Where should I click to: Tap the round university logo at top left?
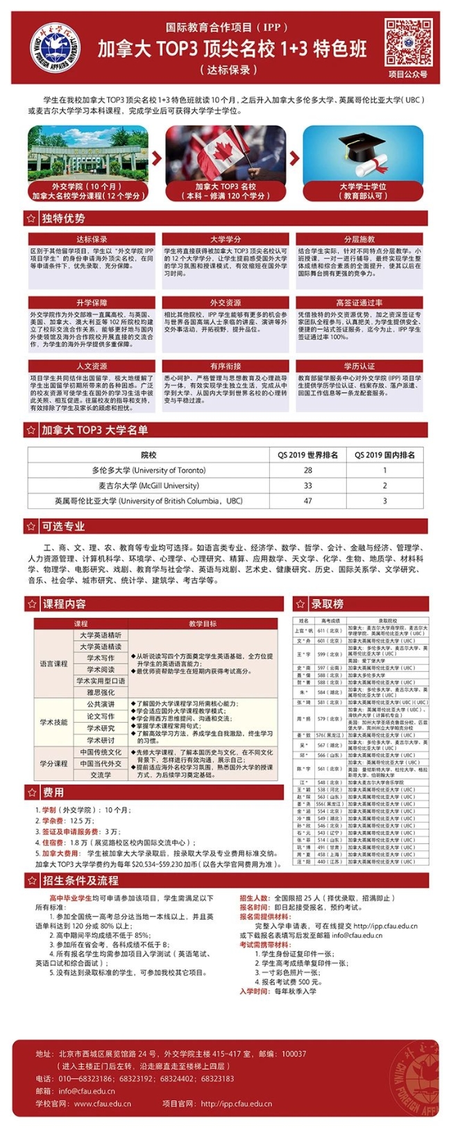pyautogui.click(x=55, y=49)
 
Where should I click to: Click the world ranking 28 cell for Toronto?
pyautogui.click(x=307, y=470)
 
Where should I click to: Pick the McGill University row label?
pyautogui.click(x=148, y=485)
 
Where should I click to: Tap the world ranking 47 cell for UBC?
pyautogui.click(x=307, y=500)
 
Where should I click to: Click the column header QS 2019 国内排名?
pyautogui.click(x=384, y=455)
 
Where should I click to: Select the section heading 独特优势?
pyautogui.click(x=63, y=219)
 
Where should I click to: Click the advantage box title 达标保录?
pyautogui.click(x=92, y=239)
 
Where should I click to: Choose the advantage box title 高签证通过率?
pyautogui.click(x=359, y=303)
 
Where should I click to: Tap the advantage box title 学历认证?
pyautogui.click(x=359, y=366)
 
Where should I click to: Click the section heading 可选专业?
pyautogui.click(x=63, y=526)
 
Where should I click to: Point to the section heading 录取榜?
pyautogui.click(x=327, y=604)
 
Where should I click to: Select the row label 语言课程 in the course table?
pyautogui.click(x=53, y=664)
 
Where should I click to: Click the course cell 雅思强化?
pyautogui.click(x=101, y=692)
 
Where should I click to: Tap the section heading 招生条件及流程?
pyautogui.click(x=80, y=880)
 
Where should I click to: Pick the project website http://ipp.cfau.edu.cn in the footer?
pyautogui.click(x=237, y=1103)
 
